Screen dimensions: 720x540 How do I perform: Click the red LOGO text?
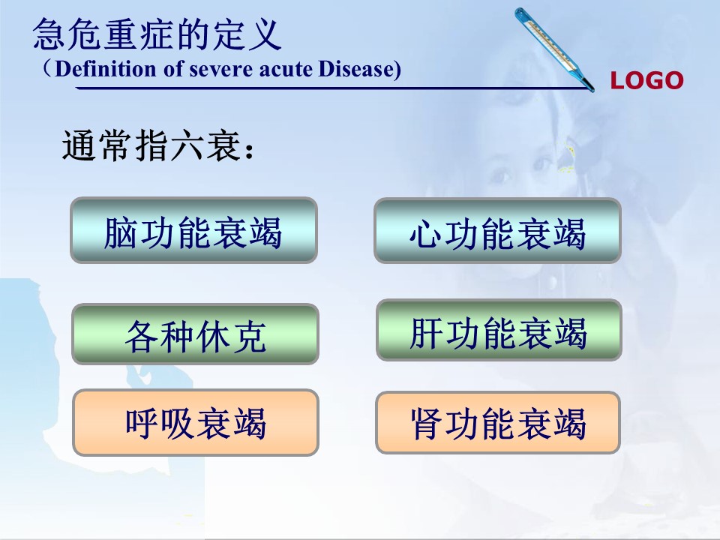click(x=646, y=80)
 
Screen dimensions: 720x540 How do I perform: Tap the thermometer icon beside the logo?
click(x=554, y=49)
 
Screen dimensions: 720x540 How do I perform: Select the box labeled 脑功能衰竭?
click(x=193, y=230)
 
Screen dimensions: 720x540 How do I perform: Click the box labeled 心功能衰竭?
click(x=498, y=230)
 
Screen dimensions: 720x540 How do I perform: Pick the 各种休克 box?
click(x=195, y=334)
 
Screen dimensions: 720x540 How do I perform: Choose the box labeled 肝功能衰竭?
click(x=499, y=330)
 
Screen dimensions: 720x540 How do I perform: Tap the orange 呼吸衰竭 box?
click(x=196, y=422)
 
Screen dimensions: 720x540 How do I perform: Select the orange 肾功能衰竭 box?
click(x=498, y=422)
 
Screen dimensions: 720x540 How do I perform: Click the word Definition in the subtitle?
click(x=106, y=69)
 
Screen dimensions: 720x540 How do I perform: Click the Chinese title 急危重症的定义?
click(x=157, y=34)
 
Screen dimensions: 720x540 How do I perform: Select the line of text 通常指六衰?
click(x=157, y=145)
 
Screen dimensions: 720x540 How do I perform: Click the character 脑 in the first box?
click(x=120, y=232)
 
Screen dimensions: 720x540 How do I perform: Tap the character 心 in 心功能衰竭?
click(x=426, y=234)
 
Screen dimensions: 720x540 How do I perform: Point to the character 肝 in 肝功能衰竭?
click(x=427, y=333)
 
